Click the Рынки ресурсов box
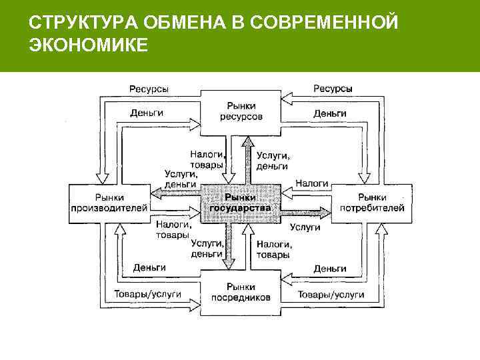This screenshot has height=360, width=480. click(x=241, y=111)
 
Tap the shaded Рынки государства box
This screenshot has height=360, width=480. click(x=240, y=203)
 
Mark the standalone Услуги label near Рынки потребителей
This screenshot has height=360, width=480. click(x=305, y=227)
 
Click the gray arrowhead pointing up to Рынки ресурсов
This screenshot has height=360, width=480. click(x=247, y=141)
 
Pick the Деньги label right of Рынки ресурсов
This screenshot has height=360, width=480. click(x=330, y=113)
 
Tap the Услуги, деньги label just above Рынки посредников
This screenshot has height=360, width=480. click(x=207, y=249)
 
